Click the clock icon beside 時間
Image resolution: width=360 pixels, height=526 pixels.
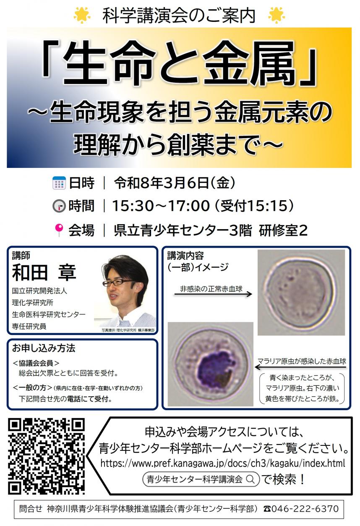[x=59, y=207]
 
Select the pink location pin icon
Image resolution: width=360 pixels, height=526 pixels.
[x=59, y=230]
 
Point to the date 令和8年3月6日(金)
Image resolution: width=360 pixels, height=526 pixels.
[x=174, y=183]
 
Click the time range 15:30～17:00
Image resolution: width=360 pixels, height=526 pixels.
[x=161, y=206]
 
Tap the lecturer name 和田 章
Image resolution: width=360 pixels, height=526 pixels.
[x=44, y=272]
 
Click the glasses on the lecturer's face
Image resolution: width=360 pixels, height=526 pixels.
[x=118, y=283]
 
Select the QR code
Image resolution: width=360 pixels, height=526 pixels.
[x=47, y=456]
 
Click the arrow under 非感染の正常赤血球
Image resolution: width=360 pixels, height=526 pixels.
[x=213, y=294]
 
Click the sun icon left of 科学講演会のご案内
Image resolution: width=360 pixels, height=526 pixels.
[x=82, y=15]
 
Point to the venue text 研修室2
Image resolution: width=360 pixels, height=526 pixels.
[x=283, y=230]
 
